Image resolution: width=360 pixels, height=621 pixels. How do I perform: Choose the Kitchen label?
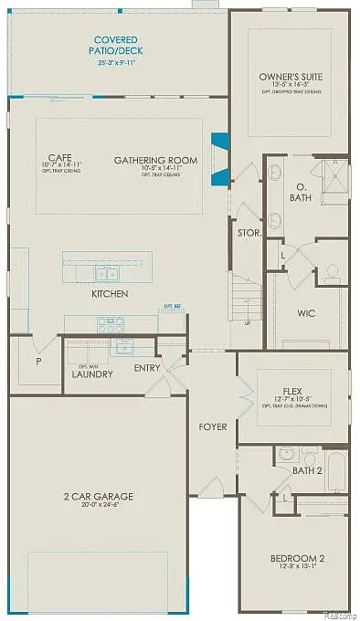pyautogui.click(x=110, y=294)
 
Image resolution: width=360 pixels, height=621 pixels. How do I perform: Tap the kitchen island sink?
pyautogui.click(x=107, y=273)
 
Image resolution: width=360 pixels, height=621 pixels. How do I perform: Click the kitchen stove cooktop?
pyautogui.click(x=111, y=322)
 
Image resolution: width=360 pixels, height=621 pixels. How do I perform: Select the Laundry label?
pyautogui.click(x=92, y=374)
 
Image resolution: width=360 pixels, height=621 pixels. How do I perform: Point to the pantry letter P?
pyautogui.click(x=37, y=361)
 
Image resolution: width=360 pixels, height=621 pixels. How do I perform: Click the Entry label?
pyautogui.click(x=147, y=368)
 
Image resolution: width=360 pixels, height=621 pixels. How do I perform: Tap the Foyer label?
pyautogui.click(x=213, y=426)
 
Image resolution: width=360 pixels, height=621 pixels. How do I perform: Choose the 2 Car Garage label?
pyautogui.click(x=98, y=497)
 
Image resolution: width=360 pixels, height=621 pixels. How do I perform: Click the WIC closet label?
pyautogui.click(x=307, y=313)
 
